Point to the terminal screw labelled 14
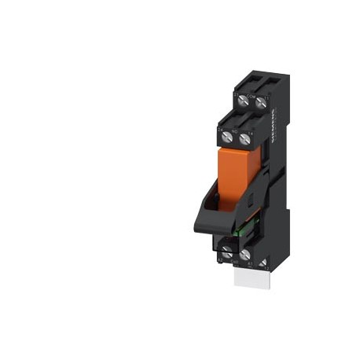click(x=246, y=138)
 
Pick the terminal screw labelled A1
click(x=246, y=254)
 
